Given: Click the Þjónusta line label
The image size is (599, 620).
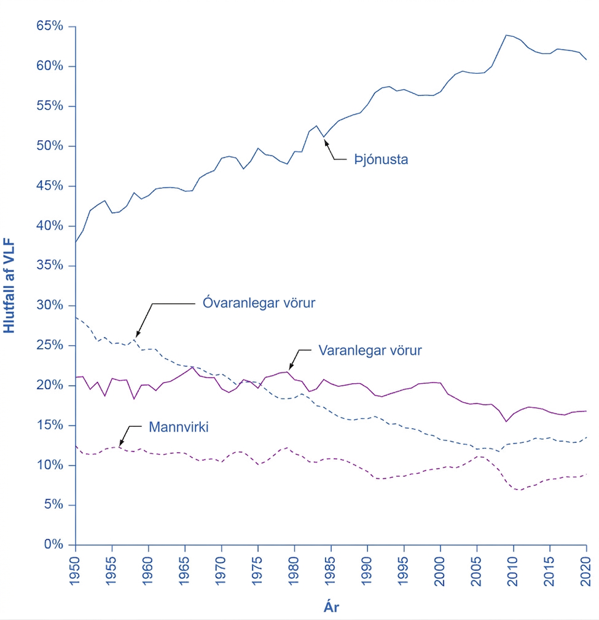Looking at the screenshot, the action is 381,160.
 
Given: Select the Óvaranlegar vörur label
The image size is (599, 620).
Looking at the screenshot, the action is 259,303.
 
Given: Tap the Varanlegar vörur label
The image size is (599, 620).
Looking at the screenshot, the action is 370,351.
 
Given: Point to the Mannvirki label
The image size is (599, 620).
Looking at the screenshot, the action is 179,427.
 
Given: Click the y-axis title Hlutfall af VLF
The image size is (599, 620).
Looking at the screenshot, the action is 9,285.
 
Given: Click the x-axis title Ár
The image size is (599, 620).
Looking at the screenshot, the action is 331,606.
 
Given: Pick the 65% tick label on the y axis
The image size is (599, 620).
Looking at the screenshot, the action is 50,26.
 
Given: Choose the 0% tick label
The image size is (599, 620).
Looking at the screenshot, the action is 53,544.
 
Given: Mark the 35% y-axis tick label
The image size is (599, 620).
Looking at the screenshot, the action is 50,265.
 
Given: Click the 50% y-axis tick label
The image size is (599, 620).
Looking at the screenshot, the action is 50,146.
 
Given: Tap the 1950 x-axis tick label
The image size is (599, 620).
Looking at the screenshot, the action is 74,571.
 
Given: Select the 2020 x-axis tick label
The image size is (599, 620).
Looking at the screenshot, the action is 586,571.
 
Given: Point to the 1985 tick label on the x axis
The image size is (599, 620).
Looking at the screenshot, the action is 331,571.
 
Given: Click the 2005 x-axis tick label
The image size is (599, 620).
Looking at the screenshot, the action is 477,571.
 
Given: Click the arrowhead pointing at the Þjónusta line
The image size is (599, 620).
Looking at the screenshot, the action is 326,141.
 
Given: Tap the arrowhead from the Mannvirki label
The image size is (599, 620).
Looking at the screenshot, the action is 121,443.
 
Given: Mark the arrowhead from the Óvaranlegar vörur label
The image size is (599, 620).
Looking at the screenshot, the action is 138,334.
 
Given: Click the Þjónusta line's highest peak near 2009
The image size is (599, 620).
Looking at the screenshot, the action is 506,35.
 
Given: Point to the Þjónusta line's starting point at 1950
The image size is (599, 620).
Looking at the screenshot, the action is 76,242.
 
